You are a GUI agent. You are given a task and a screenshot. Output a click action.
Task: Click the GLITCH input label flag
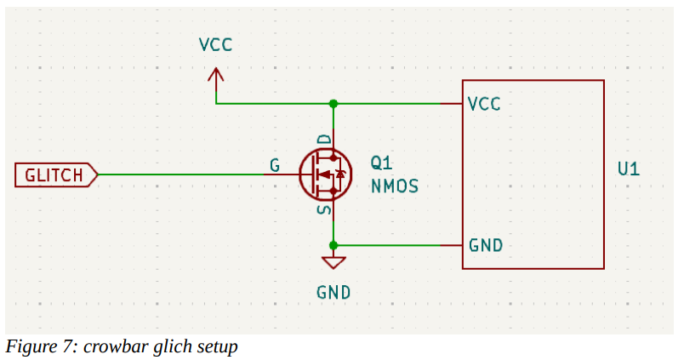click(56, 175)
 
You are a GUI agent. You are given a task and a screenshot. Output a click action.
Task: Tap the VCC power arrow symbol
click(215, 81)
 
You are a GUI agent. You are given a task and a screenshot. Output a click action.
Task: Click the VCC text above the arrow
click(215, 45)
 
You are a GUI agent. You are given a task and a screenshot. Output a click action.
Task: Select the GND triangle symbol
click(333, 262)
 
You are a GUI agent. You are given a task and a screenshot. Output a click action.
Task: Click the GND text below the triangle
click(333, 293)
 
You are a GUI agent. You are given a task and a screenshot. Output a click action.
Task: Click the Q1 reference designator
click(382, 163)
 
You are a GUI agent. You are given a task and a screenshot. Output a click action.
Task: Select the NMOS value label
click(395, 186)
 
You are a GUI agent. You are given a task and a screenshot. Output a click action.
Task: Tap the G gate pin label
click(275, 165)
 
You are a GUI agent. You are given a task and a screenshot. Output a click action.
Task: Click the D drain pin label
click(324, 140)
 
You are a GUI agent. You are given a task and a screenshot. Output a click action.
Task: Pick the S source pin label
click(324, 210)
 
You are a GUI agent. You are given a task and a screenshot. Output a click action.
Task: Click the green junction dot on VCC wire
click(333, 104)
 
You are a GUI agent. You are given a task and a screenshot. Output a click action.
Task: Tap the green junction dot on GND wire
click(333, 246)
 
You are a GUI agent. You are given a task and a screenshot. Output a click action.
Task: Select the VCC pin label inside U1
click(484, 105)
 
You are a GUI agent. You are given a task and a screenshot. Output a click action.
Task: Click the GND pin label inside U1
click(486, 246)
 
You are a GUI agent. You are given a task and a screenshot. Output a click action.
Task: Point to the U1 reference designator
click(629, 169)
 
